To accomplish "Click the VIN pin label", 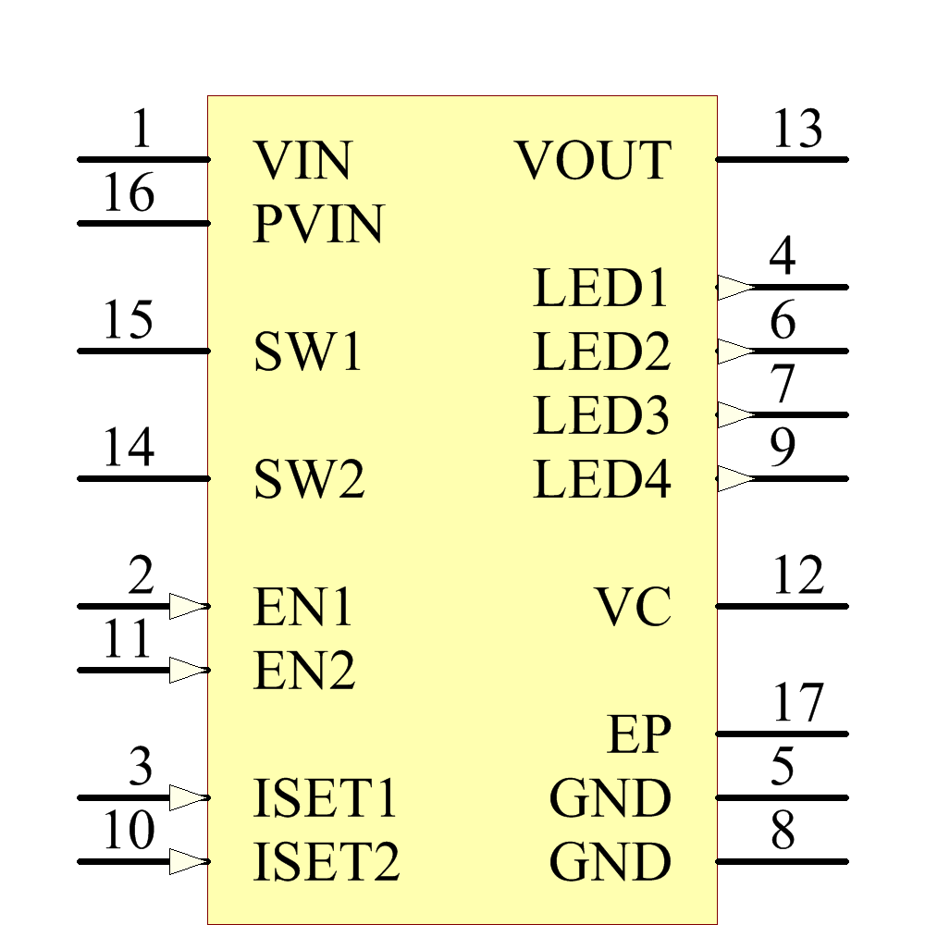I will (x=302, y=161).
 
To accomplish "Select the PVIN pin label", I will (x=318, y=225).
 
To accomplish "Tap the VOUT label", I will (x=594, y=161).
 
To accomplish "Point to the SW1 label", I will (x=309, y=352).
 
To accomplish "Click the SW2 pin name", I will (x=309, y=480).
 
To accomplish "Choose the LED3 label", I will (x=601, y=416).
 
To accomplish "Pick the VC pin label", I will (x=633, y=608).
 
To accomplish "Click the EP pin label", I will (x=639, y=735).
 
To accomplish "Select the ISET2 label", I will (x=326, y=863).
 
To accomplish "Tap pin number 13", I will (x=797, y=129).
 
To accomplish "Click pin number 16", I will (x=128, y=194).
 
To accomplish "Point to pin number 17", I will (x=797, y=704).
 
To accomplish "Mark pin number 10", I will (x=128, y=832).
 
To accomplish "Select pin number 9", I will (x=783, y=449).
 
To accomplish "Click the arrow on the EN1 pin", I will (x=189, y=607).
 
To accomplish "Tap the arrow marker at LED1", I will (x=737, y=288).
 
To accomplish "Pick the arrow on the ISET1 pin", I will (x=189, y=798).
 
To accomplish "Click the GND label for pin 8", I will (x=610, y=863).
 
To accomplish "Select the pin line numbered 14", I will (x=143, y=479).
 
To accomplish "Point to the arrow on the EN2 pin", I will (x=189, y=671).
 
